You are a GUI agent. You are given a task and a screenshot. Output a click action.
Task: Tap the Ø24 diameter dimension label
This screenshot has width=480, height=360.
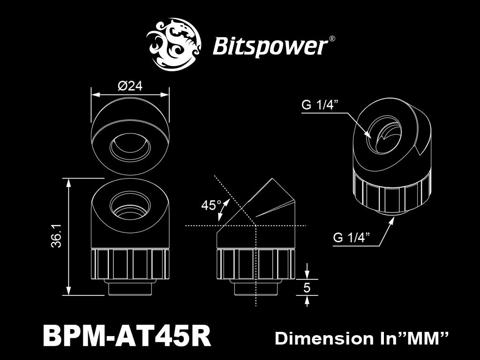click(x=130, y=86)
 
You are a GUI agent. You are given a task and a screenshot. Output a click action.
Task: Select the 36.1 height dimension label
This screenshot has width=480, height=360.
click(x=57, y=235)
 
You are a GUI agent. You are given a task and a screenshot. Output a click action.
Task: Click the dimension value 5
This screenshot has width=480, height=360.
click(x=307, y=287)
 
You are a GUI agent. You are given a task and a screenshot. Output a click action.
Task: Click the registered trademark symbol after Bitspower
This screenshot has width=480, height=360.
click(x=332, y=39)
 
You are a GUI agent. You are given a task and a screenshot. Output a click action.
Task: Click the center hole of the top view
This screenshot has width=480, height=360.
click(x=130, y=151)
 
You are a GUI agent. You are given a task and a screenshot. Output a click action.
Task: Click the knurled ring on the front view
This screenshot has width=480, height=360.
click(x=130, y=265)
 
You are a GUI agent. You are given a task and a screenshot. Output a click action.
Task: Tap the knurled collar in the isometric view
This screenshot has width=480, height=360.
click(x=390, y=192)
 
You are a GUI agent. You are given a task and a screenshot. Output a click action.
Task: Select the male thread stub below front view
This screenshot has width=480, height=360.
click(x=130, y=288)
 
